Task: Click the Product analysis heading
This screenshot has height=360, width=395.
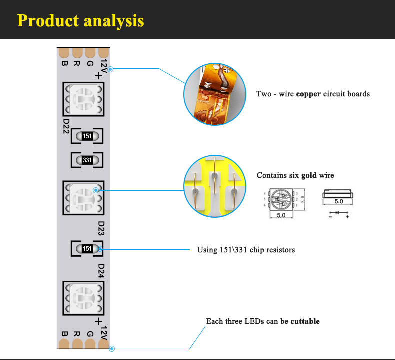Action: [x=80, y=20]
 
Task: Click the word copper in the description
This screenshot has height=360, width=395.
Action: [x=308, y=94]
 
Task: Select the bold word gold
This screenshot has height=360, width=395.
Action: [x=309, y=175]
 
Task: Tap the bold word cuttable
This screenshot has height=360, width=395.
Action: [x=305, y=321]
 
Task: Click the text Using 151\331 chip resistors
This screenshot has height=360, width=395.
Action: [x=246, y=249]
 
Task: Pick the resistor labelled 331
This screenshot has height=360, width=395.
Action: [x=87, y=160]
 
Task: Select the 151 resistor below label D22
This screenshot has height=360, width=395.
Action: [x=87, y=136]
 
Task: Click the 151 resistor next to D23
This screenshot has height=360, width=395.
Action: [x=87, y=248]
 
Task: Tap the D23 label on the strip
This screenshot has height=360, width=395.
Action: [x=101, y=228]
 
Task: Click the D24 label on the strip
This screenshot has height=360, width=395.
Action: [x=101, y=270]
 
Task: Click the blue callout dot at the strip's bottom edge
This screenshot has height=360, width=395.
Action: [x=111, y=349]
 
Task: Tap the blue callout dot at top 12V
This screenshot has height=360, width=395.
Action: [x=110, y=69]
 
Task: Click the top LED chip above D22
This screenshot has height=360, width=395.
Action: [x=83, y=99]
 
